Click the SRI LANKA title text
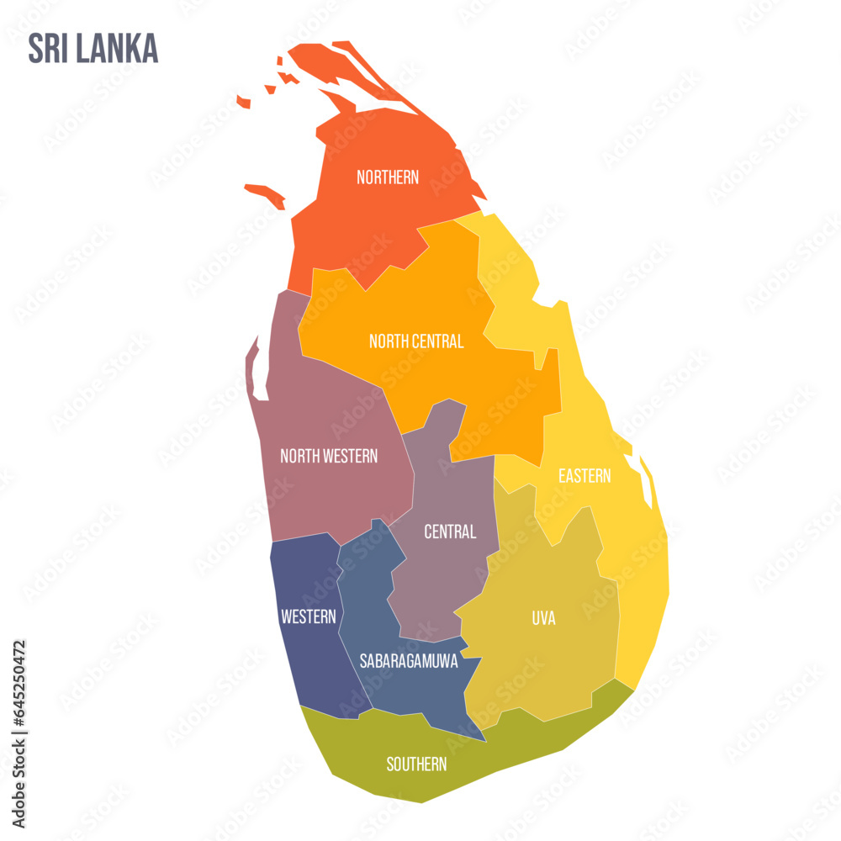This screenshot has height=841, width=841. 93,49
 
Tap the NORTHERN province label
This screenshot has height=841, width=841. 388,177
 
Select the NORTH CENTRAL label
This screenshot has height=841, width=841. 416,341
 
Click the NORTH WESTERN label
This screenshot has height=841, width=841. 329,456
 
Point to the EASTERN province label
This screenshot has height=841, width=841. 584,476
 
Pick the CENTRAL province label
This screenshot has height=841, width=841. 450,532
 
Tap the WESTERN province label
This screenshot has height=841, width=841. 309,616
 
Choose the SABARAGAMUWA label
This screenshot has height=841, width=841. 409,661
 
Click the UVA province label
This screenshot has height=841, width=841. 543,618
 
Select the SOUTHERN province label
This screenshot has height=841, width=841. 416,764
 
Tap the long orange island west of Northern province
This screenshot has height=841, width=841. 266,194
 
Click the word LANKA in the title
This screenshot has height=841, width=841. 117,49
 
